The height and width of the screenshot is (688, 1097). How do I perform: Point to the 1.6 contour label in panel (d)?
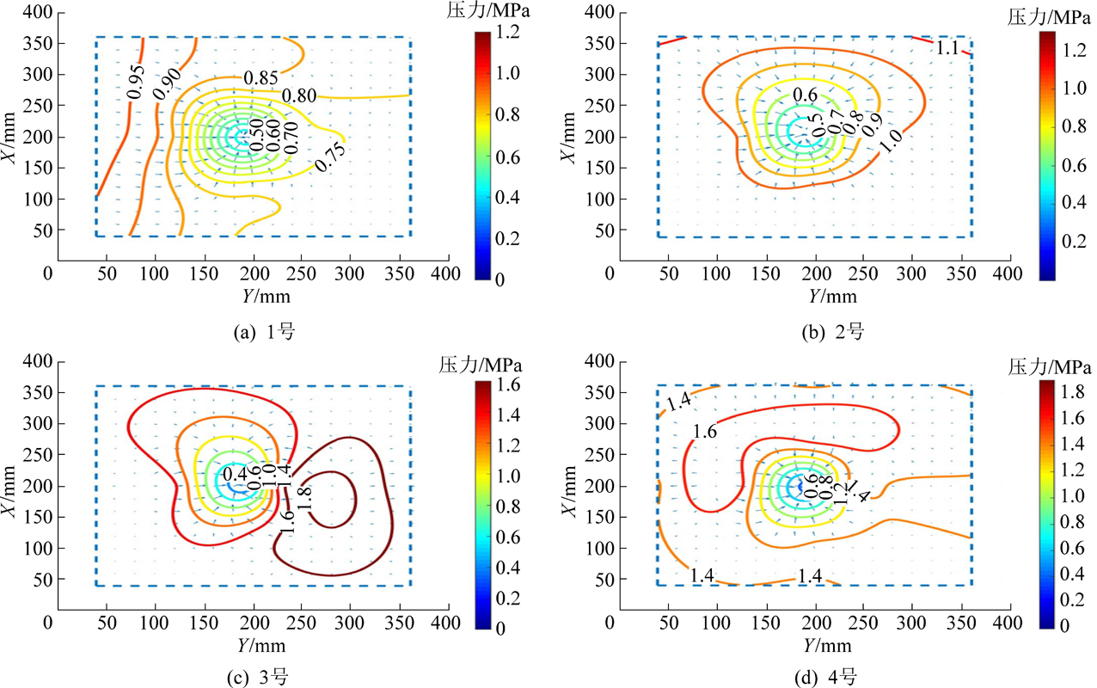pyautogui.click(x=705, y=431)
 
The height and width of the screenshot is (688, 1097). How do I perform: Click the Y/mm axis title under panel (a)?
pyautogui.click(x=254, y=296)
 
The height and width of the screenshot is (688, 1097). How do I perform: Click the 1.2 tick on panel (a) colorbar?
pyautogui.click(x=507, y=31)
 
